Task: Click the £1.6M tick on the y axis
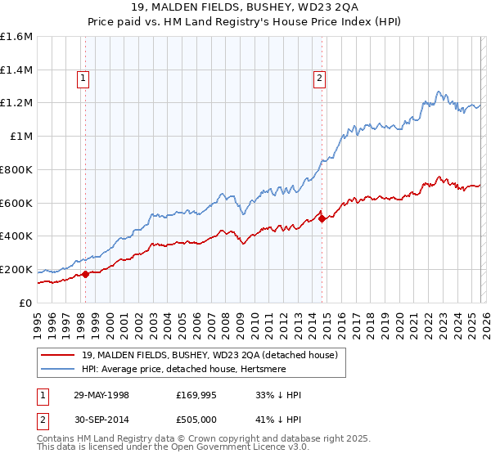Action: [x=16, y=37]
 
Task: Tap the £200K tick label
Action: [x=16, y=269]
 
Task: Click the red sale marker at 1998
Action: [x=86, y=274]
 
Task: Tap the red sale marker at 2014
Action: [x=322, y=218]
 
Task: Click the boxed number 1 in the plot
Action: [x=83, y=79]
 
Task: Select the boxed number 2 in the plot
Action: [x=318, y=79]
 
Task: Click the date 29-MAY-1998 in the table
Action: [x=107, y=395]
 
